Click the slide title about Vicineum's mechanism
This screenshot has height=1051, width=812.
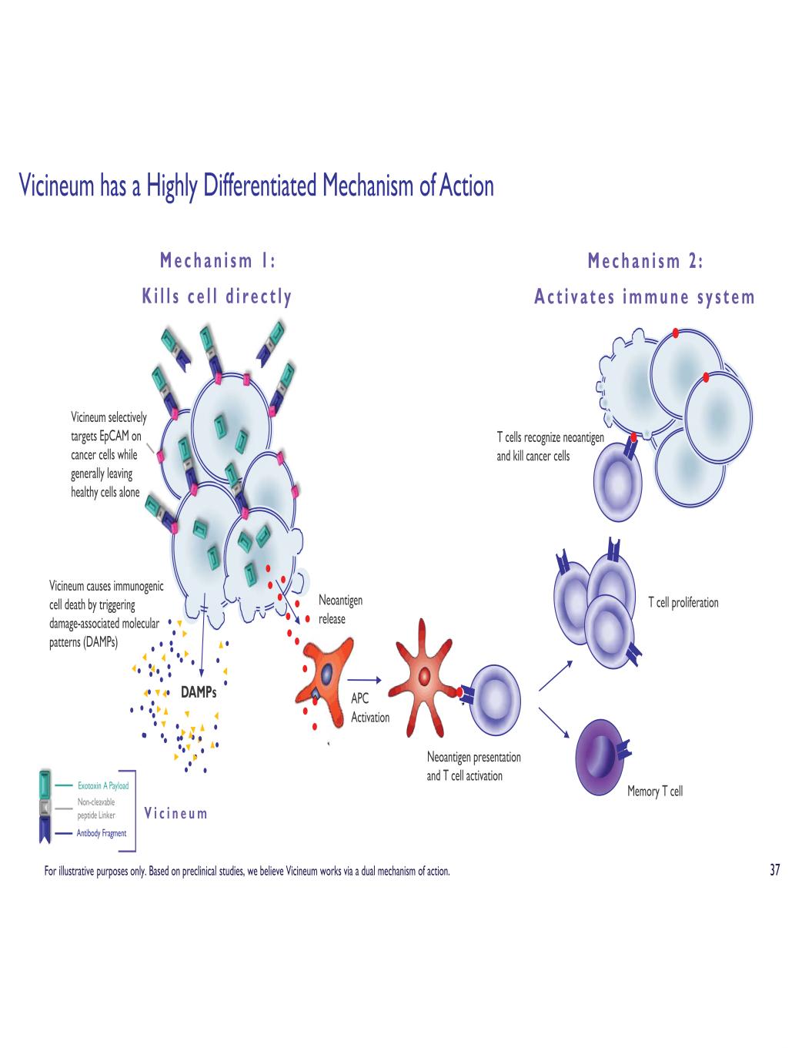256,186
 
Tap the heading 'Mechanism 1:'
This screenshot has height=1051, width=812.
217,261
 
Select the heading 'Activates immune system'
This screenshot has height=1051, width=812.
644,297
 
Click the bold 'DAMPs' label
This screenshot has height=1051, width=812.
199,692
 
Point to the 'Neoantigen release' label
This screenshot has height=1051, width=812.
339,609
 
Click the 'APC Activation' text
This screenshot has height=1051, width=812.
369,708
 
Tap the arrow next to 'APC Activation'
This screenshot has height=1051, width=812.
365,680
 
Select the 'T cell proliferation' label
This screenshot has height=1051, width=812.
683,602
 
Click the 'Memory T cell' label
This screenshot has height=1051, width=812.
654,791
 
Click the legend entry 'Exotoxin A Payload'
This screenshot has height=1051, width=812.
103,786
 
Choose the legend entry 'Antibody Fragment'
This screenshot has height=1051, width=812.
102,833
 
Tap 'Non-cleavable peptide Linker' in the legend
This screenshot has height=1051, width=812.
96,808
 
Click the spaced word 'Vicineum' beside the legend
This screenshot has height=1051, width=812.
175,813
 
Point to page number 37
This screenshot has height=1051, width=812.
774,871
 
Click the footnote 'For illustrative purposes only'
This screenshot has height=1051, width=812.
246,872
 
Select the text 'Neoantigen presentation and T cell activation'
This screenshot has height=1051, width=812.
473,766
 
